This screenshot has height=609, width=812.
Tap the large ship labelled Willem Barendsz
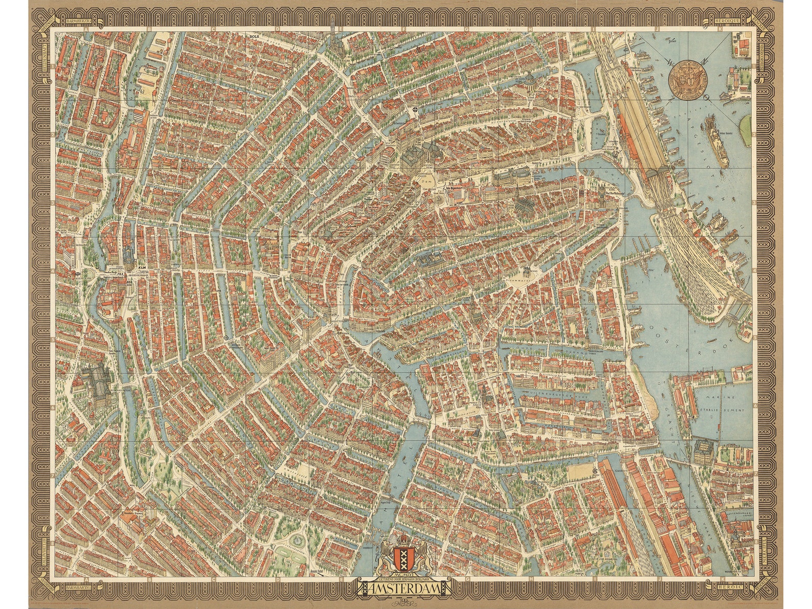[x=716, y=138]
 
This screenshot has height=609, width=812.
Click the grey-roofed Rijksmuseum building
[x=93, y=381]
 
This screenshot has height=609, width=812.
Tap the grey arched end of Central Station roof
[x=658, y=174]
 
